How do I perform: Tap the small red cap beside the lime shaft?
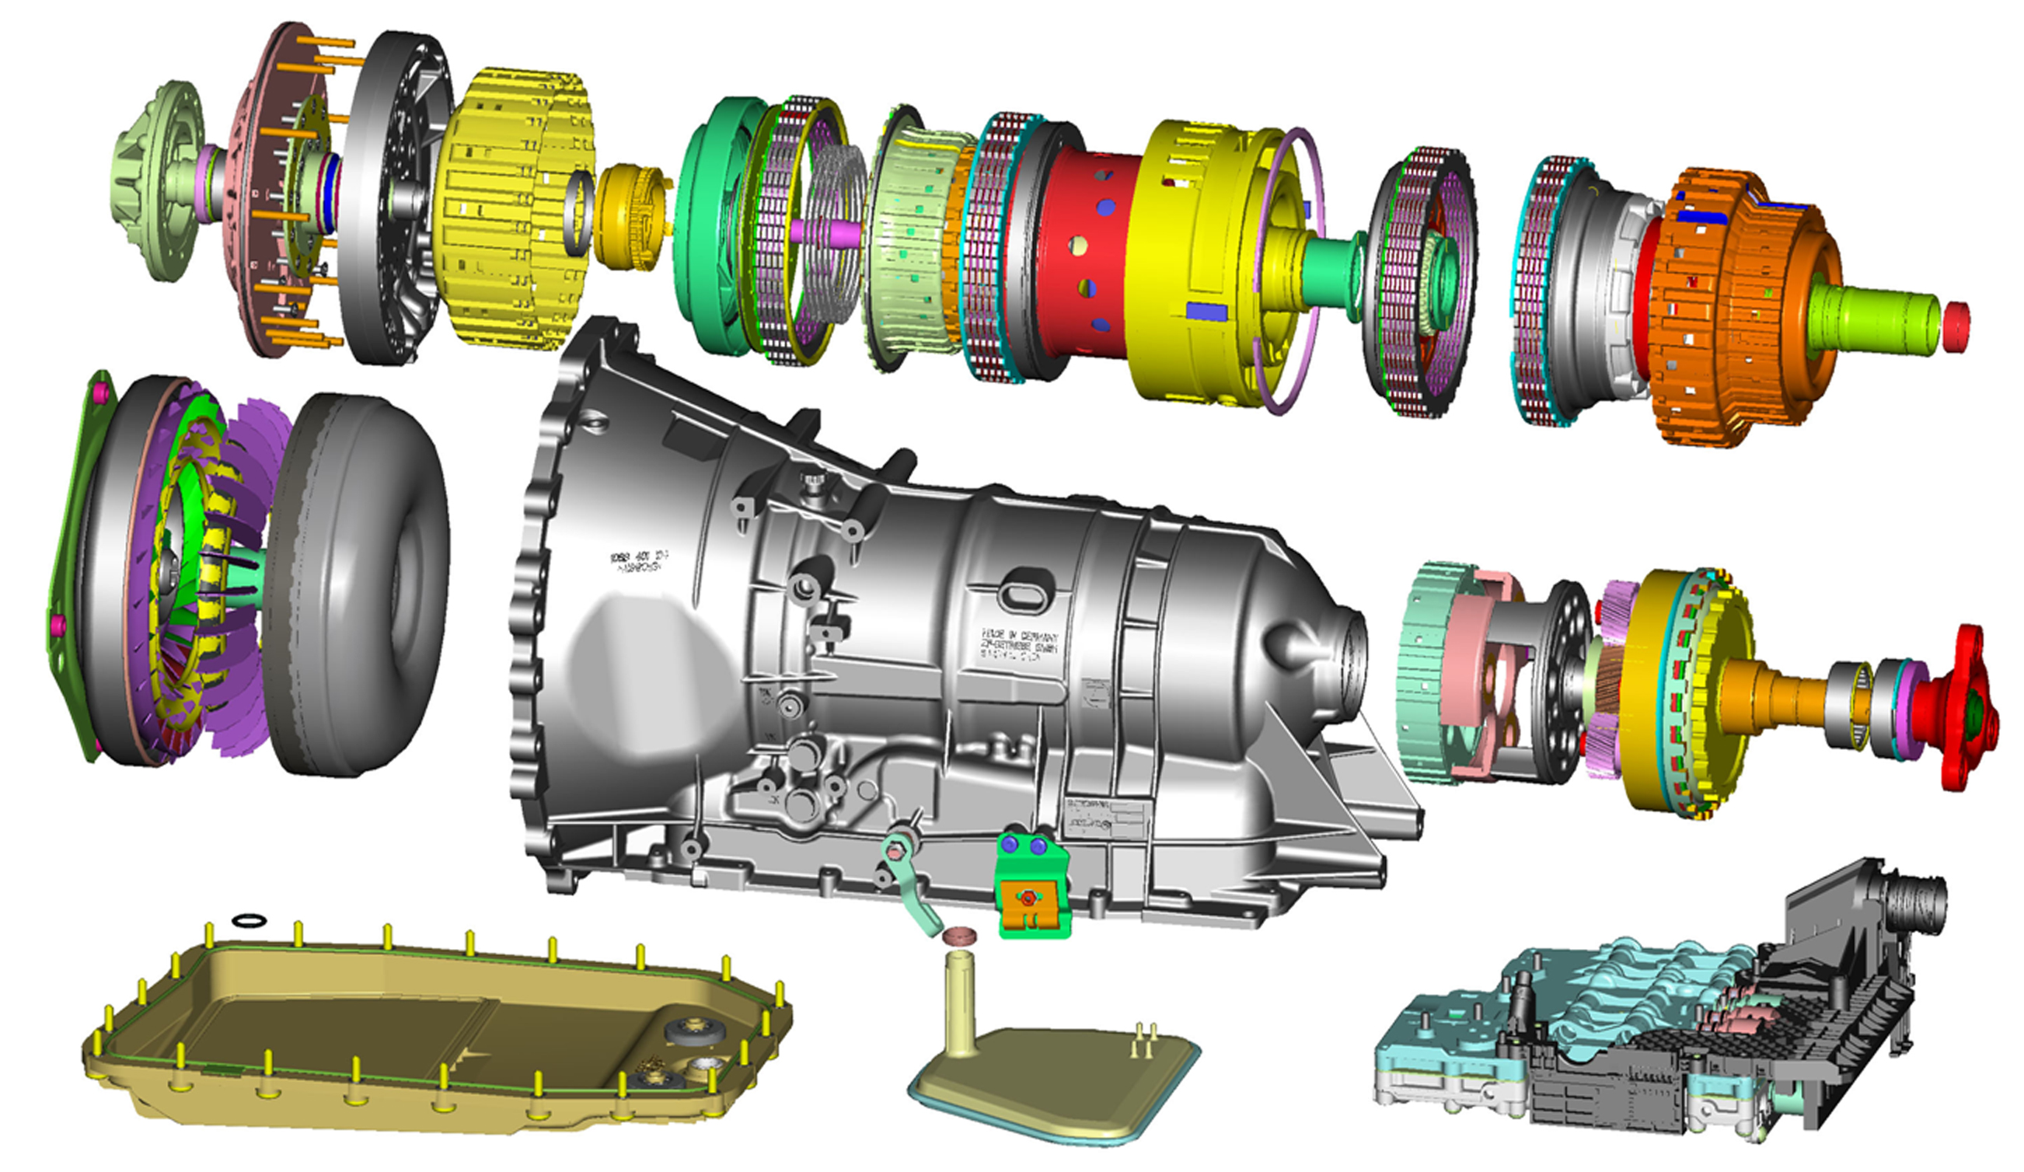(x=1956, y=326)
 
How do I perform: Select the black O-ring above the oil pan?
(x=249, y=919)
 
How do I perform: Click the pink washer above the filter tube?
(x=961, y=936)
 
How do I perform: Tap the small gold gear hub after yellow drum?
(x=630, y=217)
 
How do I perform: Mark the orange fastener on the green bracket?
(x=1028, y=899)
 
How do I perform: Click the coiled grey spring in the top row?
(x=836, y=229)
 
